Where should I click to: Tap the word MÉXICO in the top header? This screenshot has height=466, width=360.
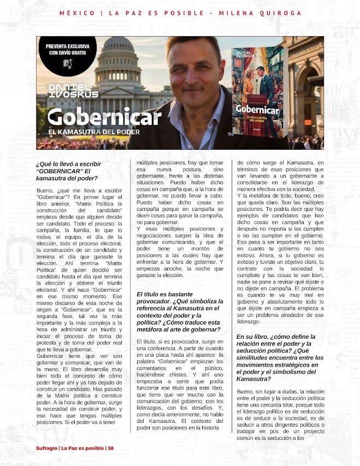76,13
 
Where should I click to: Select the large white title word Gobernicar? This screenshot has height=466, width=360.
95,116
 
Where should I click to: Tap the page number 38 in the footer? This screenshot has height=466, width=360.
111,449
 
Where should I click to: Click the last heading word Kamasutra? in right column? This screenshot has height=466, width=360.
254,379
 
